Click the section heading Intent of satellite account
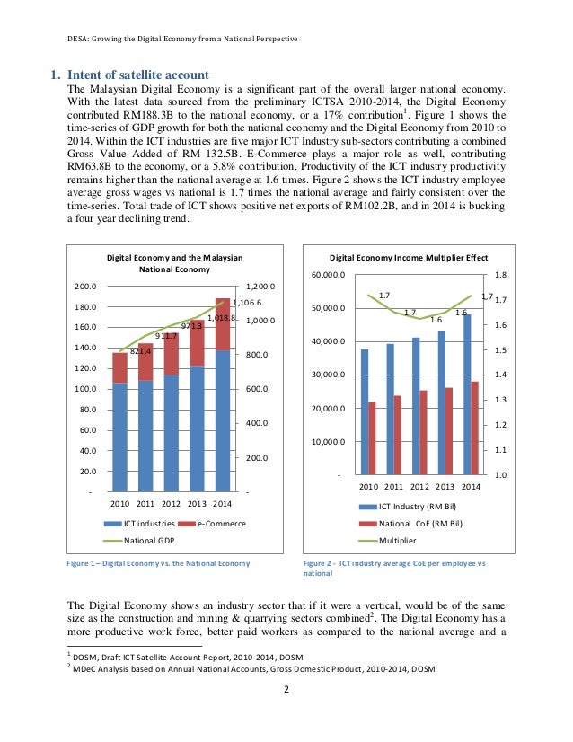(x=140, y=75)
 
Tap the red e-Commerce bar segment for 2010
(x=119, y=367)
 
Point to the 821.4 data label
(x=141, y=351)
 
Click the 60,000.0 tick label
(x=327, y=275)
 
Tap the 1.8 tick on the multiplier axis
(x=500, y=275)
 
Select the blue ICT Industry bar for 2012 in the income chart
(x=415, y=405)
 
